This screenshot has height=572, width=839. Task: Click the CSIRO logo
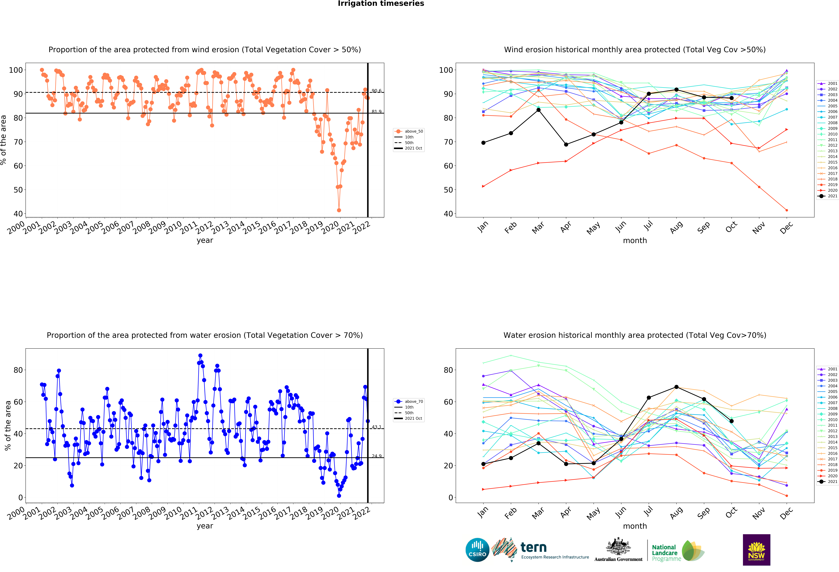tap(477, 550)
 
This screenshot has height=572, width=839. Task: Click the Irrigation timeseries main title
tap(381, 4)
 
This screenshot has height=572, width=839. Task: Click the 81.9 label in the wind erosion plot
tap(377, 112)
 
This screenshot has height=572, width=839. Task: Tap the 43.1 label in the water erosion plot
tap(377, 427)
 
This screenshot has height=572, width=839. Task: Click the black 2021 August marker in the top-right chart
tap(676, 90)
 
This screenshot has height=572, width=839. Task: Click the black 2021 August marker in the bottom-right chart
tap(676, 387)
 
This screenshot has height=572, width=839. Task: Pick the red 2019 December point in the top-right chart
tap(787, 210)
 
